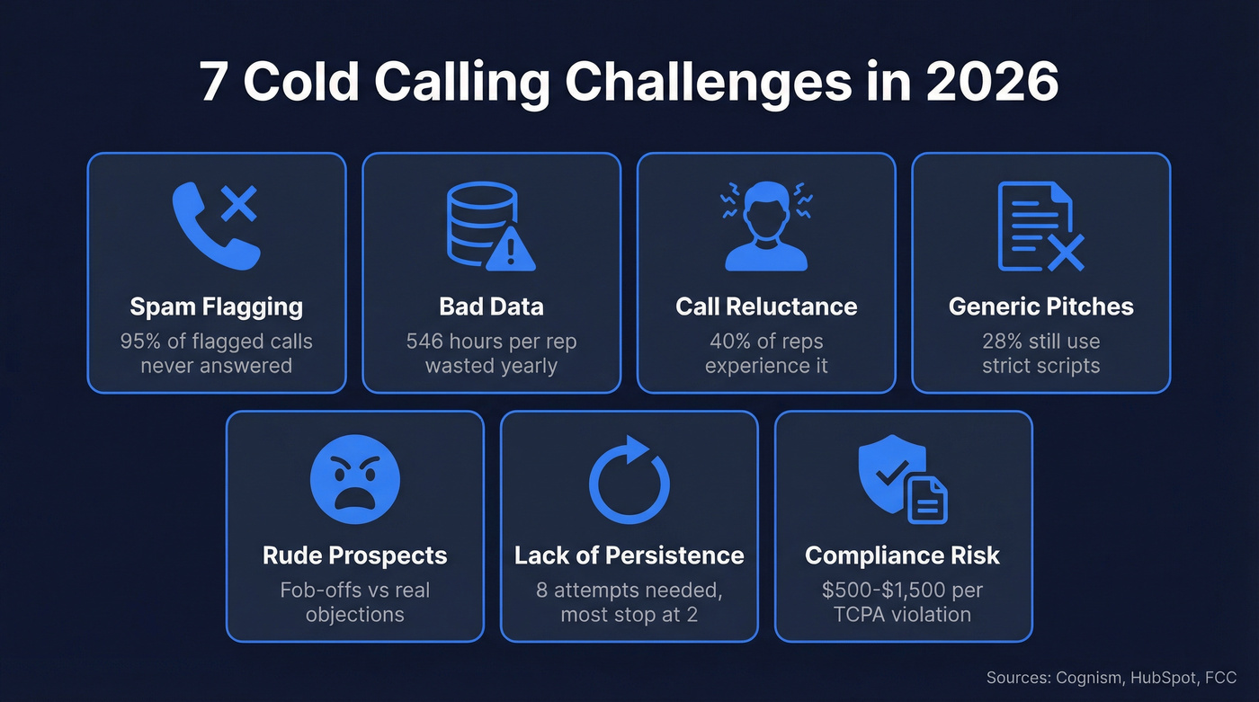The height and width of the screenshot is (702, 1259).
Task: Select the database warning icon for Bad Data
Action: [x=491, y=227]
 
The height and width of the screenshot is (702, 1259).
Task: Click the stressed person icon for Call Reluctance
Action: [x=766, y=226]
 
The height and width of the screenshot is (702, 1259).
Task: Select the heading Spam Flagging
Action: [x=217, y=307]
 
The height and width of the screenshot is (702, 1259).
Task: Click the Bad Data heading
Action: [x=491, y=307]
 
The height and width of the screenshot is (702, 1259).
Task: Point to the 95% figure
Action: [x=139, y=342]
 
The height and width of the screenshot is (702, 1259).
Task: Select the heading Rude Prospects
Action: [x=354, y=555]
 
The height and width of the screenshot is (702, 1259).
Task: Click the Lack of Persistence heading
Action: [x=629, y=555]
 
